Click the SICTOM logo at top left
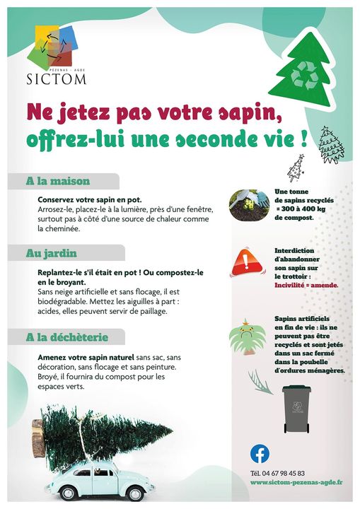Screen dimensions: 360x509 point(60,56)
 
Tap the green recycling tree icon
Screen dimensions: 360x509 point(303,70)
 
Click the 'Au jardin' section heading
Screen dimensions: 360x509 point(52,252)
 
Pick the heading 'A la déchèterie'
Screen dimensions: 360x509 point(66,337)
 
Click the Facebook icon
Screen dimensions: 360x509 point(260,453)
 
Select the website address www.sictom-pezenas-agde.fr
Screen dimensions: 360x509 point(296,483)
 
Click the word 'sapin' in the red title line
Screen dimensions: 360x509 point(226,112)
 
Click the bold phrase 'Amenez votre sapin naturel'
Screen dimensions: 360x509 point(86,358)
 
